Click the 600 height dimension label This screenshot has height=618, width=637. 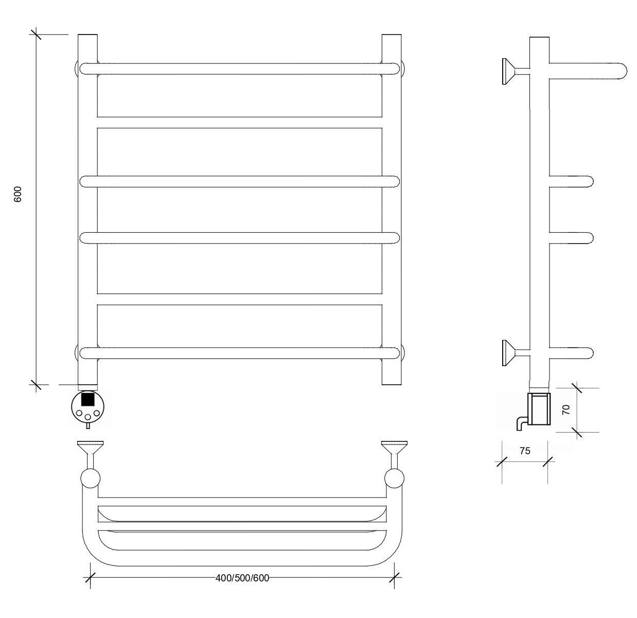point(17,194)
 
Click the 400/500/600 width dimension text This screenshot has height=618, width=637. point(242,578)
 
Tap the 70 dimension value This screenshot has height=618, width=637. point(566,409)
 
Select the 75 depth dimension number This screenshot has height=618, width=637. point(525,451)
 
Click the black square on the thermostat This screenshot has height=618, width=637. point(87,399)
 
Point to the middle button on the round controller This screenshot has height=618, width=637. point(87,417)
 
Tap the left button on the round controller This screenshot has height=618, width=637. point(79,413)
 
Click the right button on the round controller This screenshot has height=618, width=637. point(97,413)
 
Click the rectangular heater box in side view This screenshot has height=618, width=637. point(539,408)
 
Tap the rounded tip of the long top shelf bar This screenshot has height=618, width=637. point(622,71)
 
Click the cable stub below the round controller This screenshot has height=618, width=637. point(87,426)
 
